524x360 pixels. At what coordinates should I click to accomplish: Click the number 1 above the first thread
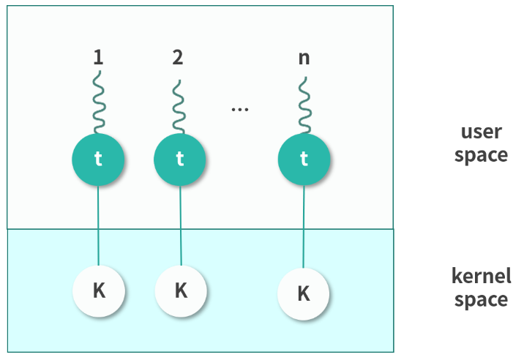(98, 58)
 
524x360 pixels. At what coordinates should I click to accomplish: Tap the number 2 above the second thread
(178, 58)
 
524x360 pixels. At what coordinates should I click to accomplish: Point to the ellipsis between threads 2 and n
(239, 109)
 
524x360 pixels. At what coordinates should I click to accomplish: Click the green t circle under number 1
(98, 159)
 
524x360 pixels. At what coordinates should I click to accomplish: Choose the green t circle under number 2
(180, 159)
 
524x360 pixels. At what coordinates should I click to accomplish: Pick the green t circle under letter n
(304, 159)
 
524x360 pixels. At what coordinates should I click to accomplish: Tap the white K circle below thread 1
(99, 290)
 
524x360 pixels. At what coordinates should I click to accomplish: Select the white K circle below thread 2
(181, 290)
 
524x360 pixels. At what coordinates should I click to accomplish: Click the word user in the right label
(481, 132)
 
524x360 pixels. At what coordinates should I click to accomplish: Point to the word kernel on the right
(481, 277)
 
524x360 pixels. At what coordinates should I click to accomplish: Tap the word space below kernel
(481, 299)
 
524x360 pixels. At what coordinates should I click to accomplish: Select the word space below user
(481, 155)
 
